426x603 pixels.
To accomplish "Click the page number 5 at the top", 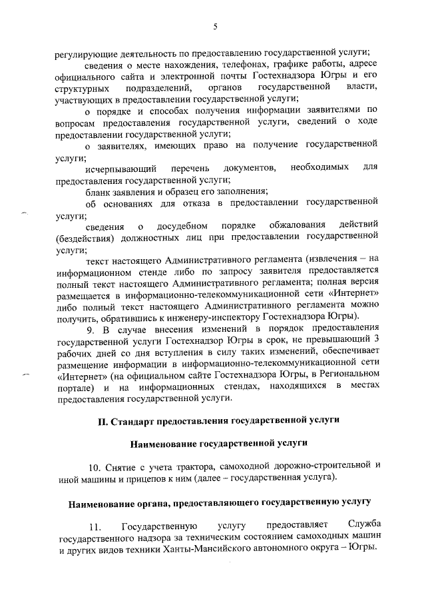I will pyautogui.click(x=214, y=26).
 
